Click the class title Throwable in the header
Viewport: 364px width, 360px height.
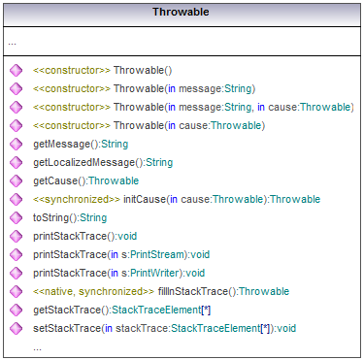pyautogui.click(x=182, y=13)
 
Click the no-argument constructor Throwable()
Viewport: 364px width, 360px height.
pyautogui.click(x=142, y=70)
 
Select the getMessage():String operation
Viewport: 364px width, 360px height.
pyautogui.click(x=73, y=144)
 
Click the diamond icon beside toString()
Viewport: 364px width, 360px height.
pyautogui.click(x=17, y=217)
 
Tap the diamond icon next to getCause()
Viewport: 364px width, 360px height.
pyautogui.click(x=17, y=180)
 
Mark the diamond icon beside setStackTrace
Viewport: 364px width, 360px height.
pyautogui.click(x=17, y=328)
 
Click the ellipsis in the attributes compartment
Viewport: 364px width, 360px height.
pyautogui.click(x=12, y=43)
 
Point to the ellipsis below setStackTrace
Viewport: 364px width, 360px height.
pyautogui.click(x=37, y=346)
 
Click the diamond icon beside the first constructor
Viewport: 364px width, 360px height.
pyautogui.click(x=17, y=70)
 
